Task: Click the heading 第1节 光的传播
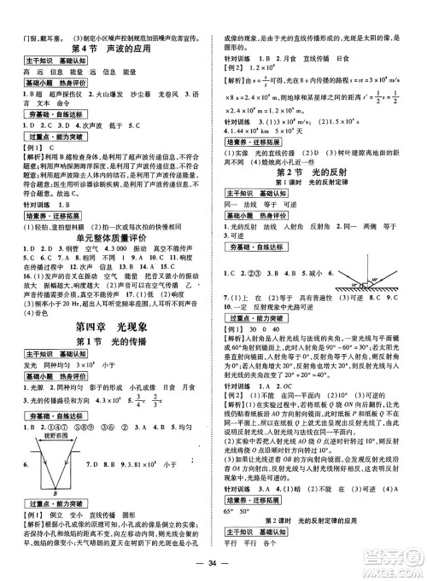(108, 343)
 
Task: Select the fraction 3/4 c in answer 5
(135, 398)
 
